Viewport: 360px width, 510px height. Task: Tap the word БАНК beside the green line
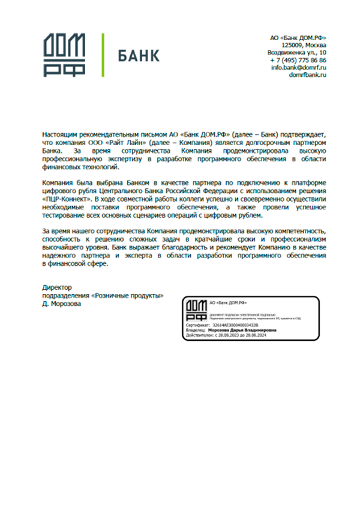(138, 56)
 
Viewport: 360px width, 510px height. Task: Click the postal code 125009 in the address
(292, 45)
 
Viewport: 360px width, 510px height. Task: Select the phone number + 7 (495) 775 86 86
(298, 61)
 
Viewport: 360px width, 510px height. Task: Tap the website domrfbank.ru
(307, 76)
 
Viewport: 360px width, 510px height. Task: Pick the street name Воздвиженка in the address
(287, 53)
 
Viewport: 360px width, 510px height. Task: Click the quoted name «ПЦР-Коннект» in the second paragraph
(67, 196)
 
